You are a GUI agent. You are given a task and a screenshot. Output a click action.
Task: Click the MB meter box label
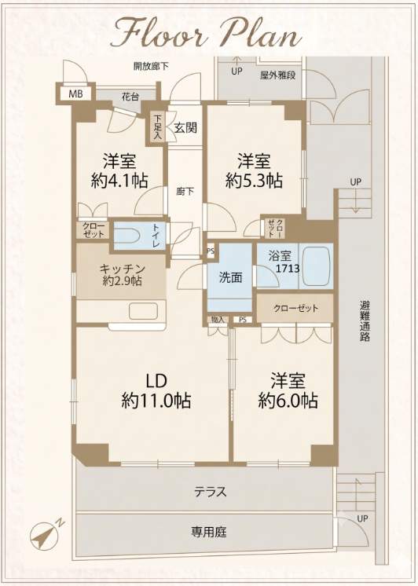click(x=75, y=94)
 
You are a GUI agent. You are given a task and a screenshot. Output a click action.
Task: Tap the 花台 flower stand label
click(x=130, y=97)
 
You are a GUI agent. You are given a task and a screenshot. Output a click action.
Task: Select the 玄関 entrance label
click(x=185, y=128)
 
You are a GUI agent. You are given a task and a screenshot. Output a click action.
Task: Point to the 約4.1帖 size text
click(x=119, y=181)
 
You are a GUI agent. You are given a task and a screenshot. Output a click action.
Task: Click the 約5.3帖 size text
click(x=254, y=181)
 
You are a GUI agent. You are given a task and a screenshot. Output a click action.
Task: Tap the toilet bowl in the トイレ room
click(x=128, y=236)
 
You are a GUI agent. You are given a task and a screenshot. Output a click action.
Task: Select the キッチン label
click(x=122, y=269)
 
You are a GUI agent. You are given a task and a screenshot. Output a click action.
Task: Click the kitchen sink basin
click(x=143, y=311)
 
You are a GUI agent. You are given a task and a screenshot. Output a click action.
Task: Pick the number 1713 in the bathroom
click(x=288, y=268)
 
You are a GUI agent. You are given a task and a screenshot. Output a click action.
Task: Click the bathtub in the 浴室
click(x=316, y=266)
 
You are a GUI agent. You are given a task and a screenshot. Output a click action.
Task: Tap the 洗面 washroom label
click(x=230, y=277)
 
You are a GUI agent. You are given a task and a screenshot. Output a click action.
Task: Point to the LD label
click(x=156, y=381)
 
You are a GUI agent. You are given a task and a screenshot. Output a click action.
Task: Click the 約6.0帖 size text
click(x=288, y=401)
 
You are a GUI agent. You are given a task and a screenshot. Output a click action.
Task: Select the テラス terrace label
click(x=210, y=492)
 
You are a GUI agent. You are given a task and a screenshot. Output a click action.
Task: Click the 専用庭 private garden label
click(x=209, y=532)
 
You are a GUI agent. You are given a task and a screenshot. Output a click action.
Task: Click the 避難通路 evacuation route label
click(x=365, y=320)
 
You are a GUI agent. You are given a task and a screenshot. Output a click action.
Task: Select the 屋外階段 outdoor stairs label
click(x=278, y=75)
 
